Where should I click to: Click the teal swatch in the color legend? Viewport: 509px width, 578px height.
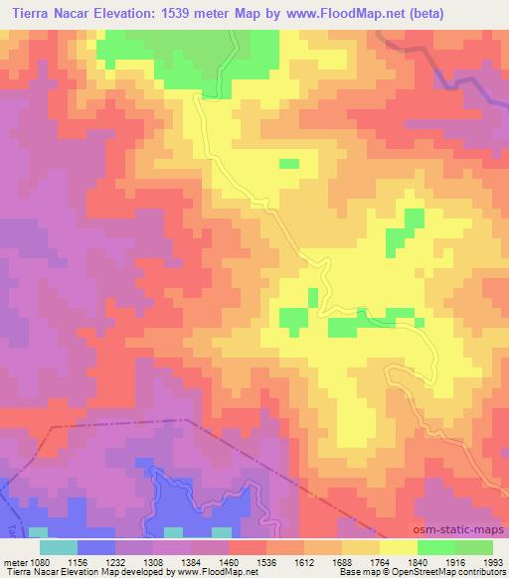tap(59, 546)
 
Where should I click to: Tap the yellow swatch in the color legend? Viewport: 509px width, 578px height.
tap(398, 546)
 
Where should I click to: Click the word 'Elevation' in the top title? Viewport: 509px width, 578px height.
tap(128, 13)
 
